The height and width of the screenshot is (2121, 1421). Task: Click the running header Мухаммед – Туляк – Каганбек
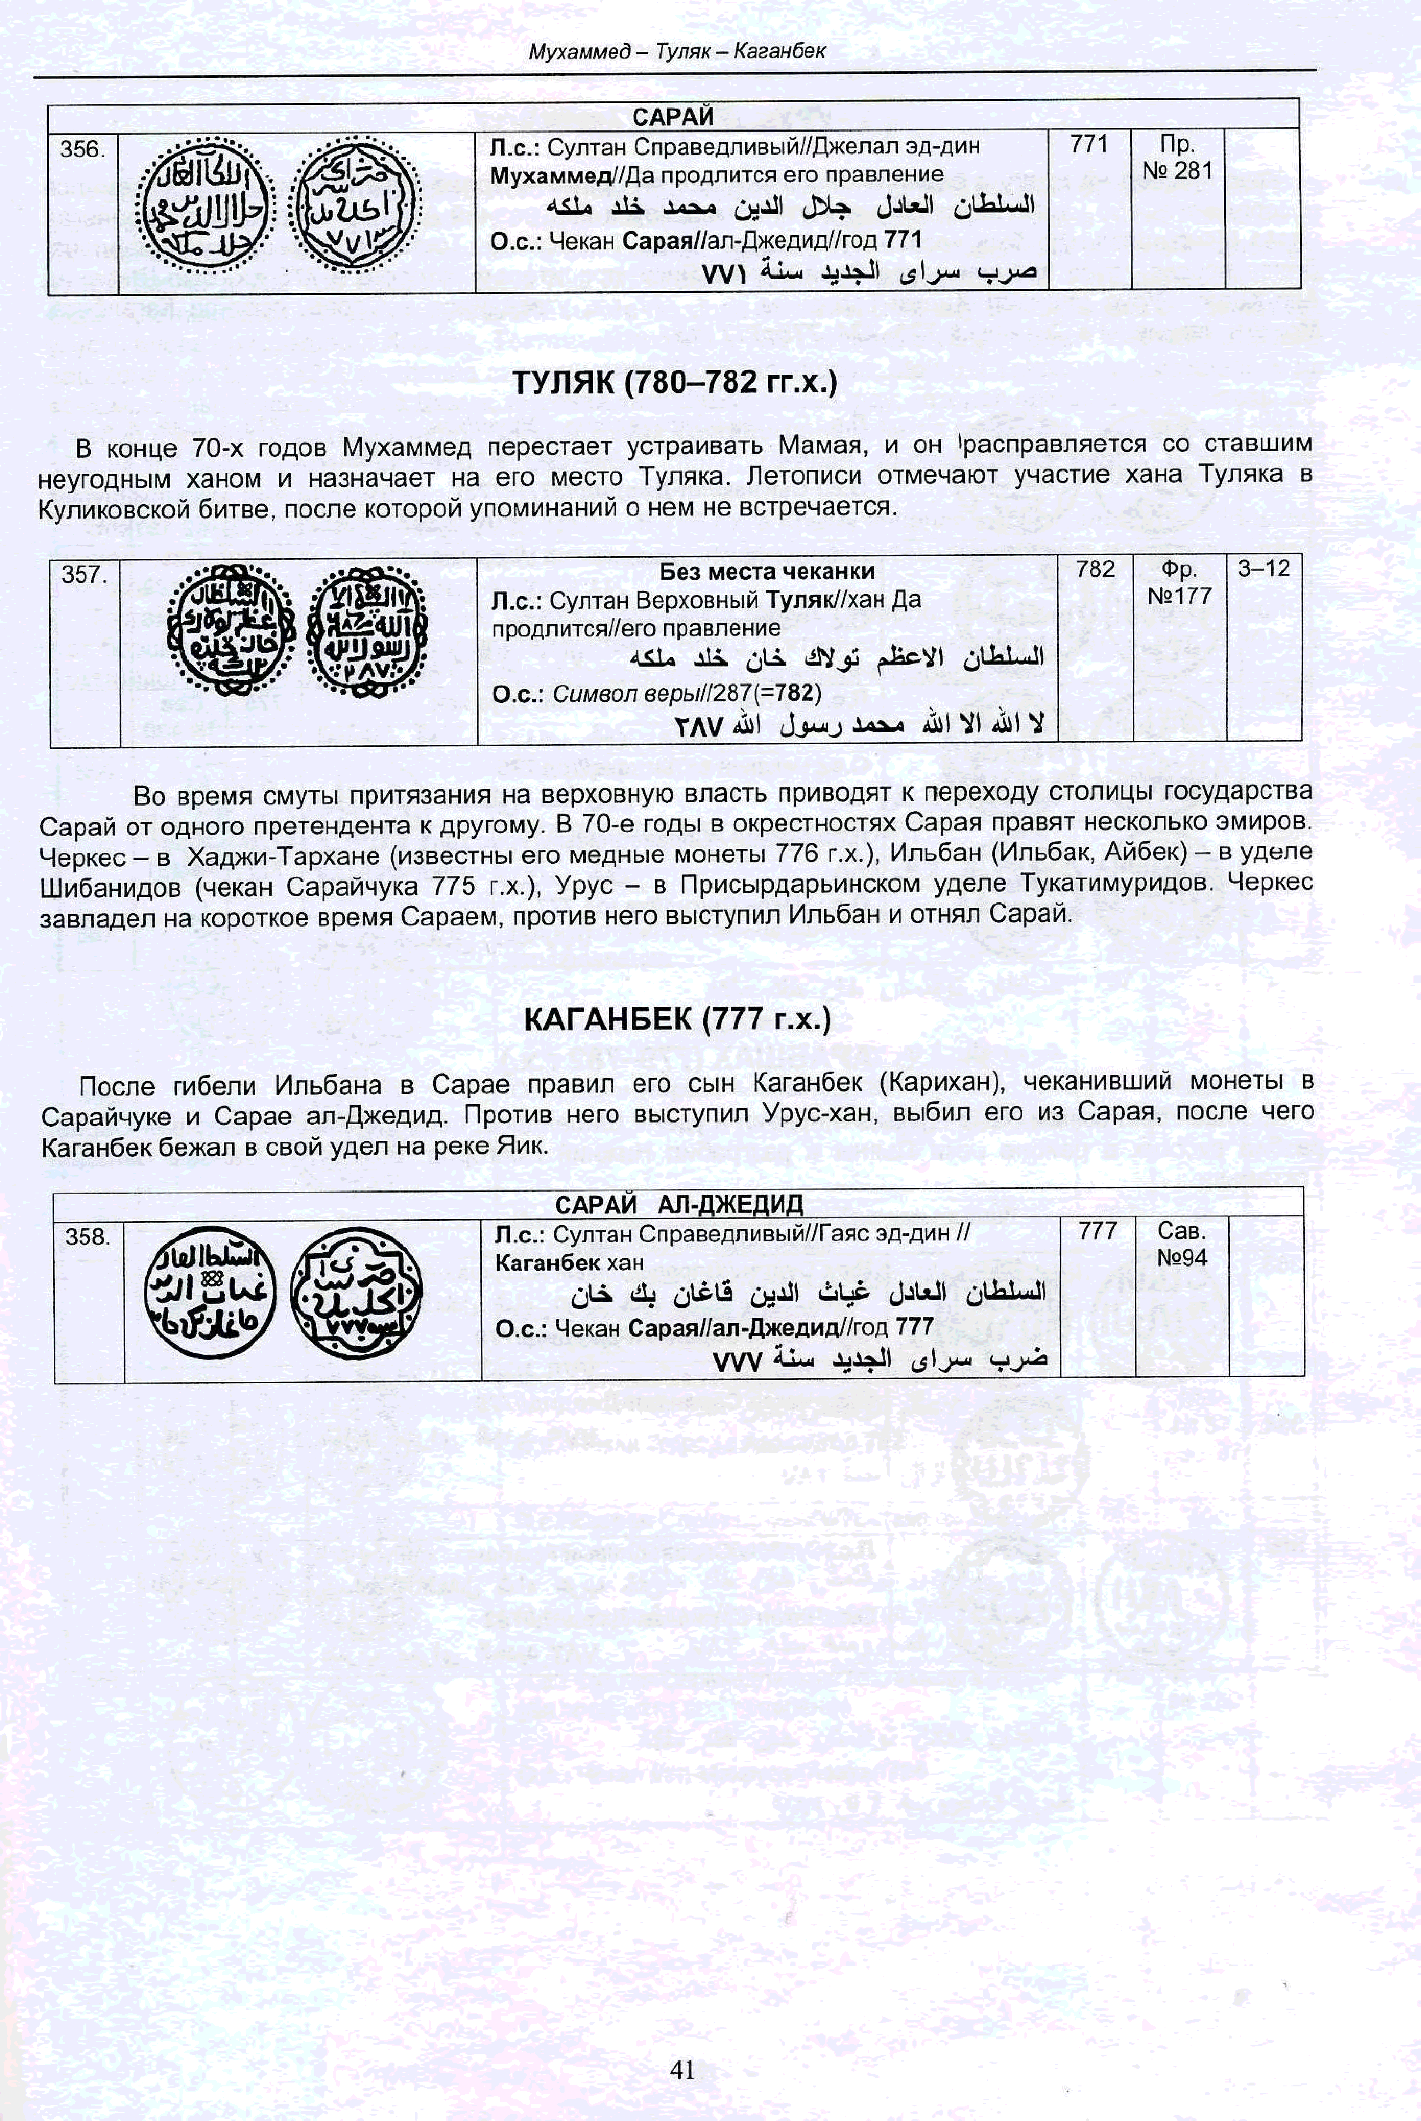676,51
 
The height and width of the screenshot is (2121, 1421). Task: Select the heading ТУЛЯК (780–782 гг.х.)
675,382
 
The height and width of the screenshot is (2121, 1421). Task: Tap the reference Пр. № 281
1177,157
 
